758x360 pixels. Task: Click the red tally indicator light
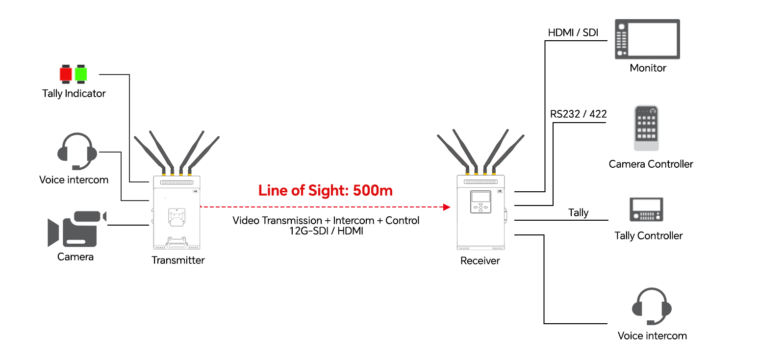coord(66,74)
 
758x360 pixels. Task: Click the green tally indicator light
coord(81,74)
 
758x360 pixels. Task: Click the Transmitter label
coord(178,260)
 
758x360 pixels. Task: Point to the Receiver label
coord(480,261)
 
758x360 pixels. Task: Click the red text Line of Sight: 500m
coord(326,190)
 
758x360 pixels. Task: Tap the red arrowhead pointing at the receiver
coord(446,207)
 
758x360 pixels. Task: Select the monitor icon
coord(647,39)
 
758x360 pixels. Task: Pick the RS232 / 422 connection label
coord(579,114)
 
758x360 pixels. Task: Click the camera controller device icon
coord(646,128)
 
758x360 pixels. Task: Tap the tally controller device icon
coord(646,210)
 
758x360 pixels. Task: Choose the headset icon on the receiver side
coord(652,307)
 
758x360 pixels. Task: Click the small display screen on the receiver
coord(480,198)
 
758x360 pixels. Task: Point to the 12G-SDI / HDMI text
coord(326,231)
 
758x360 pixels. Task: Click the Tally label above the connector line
coord(578,212)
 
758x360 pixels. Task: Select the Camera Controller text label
coord(651,164)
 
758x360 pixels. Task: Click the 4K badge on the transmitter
coord(195,191)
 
